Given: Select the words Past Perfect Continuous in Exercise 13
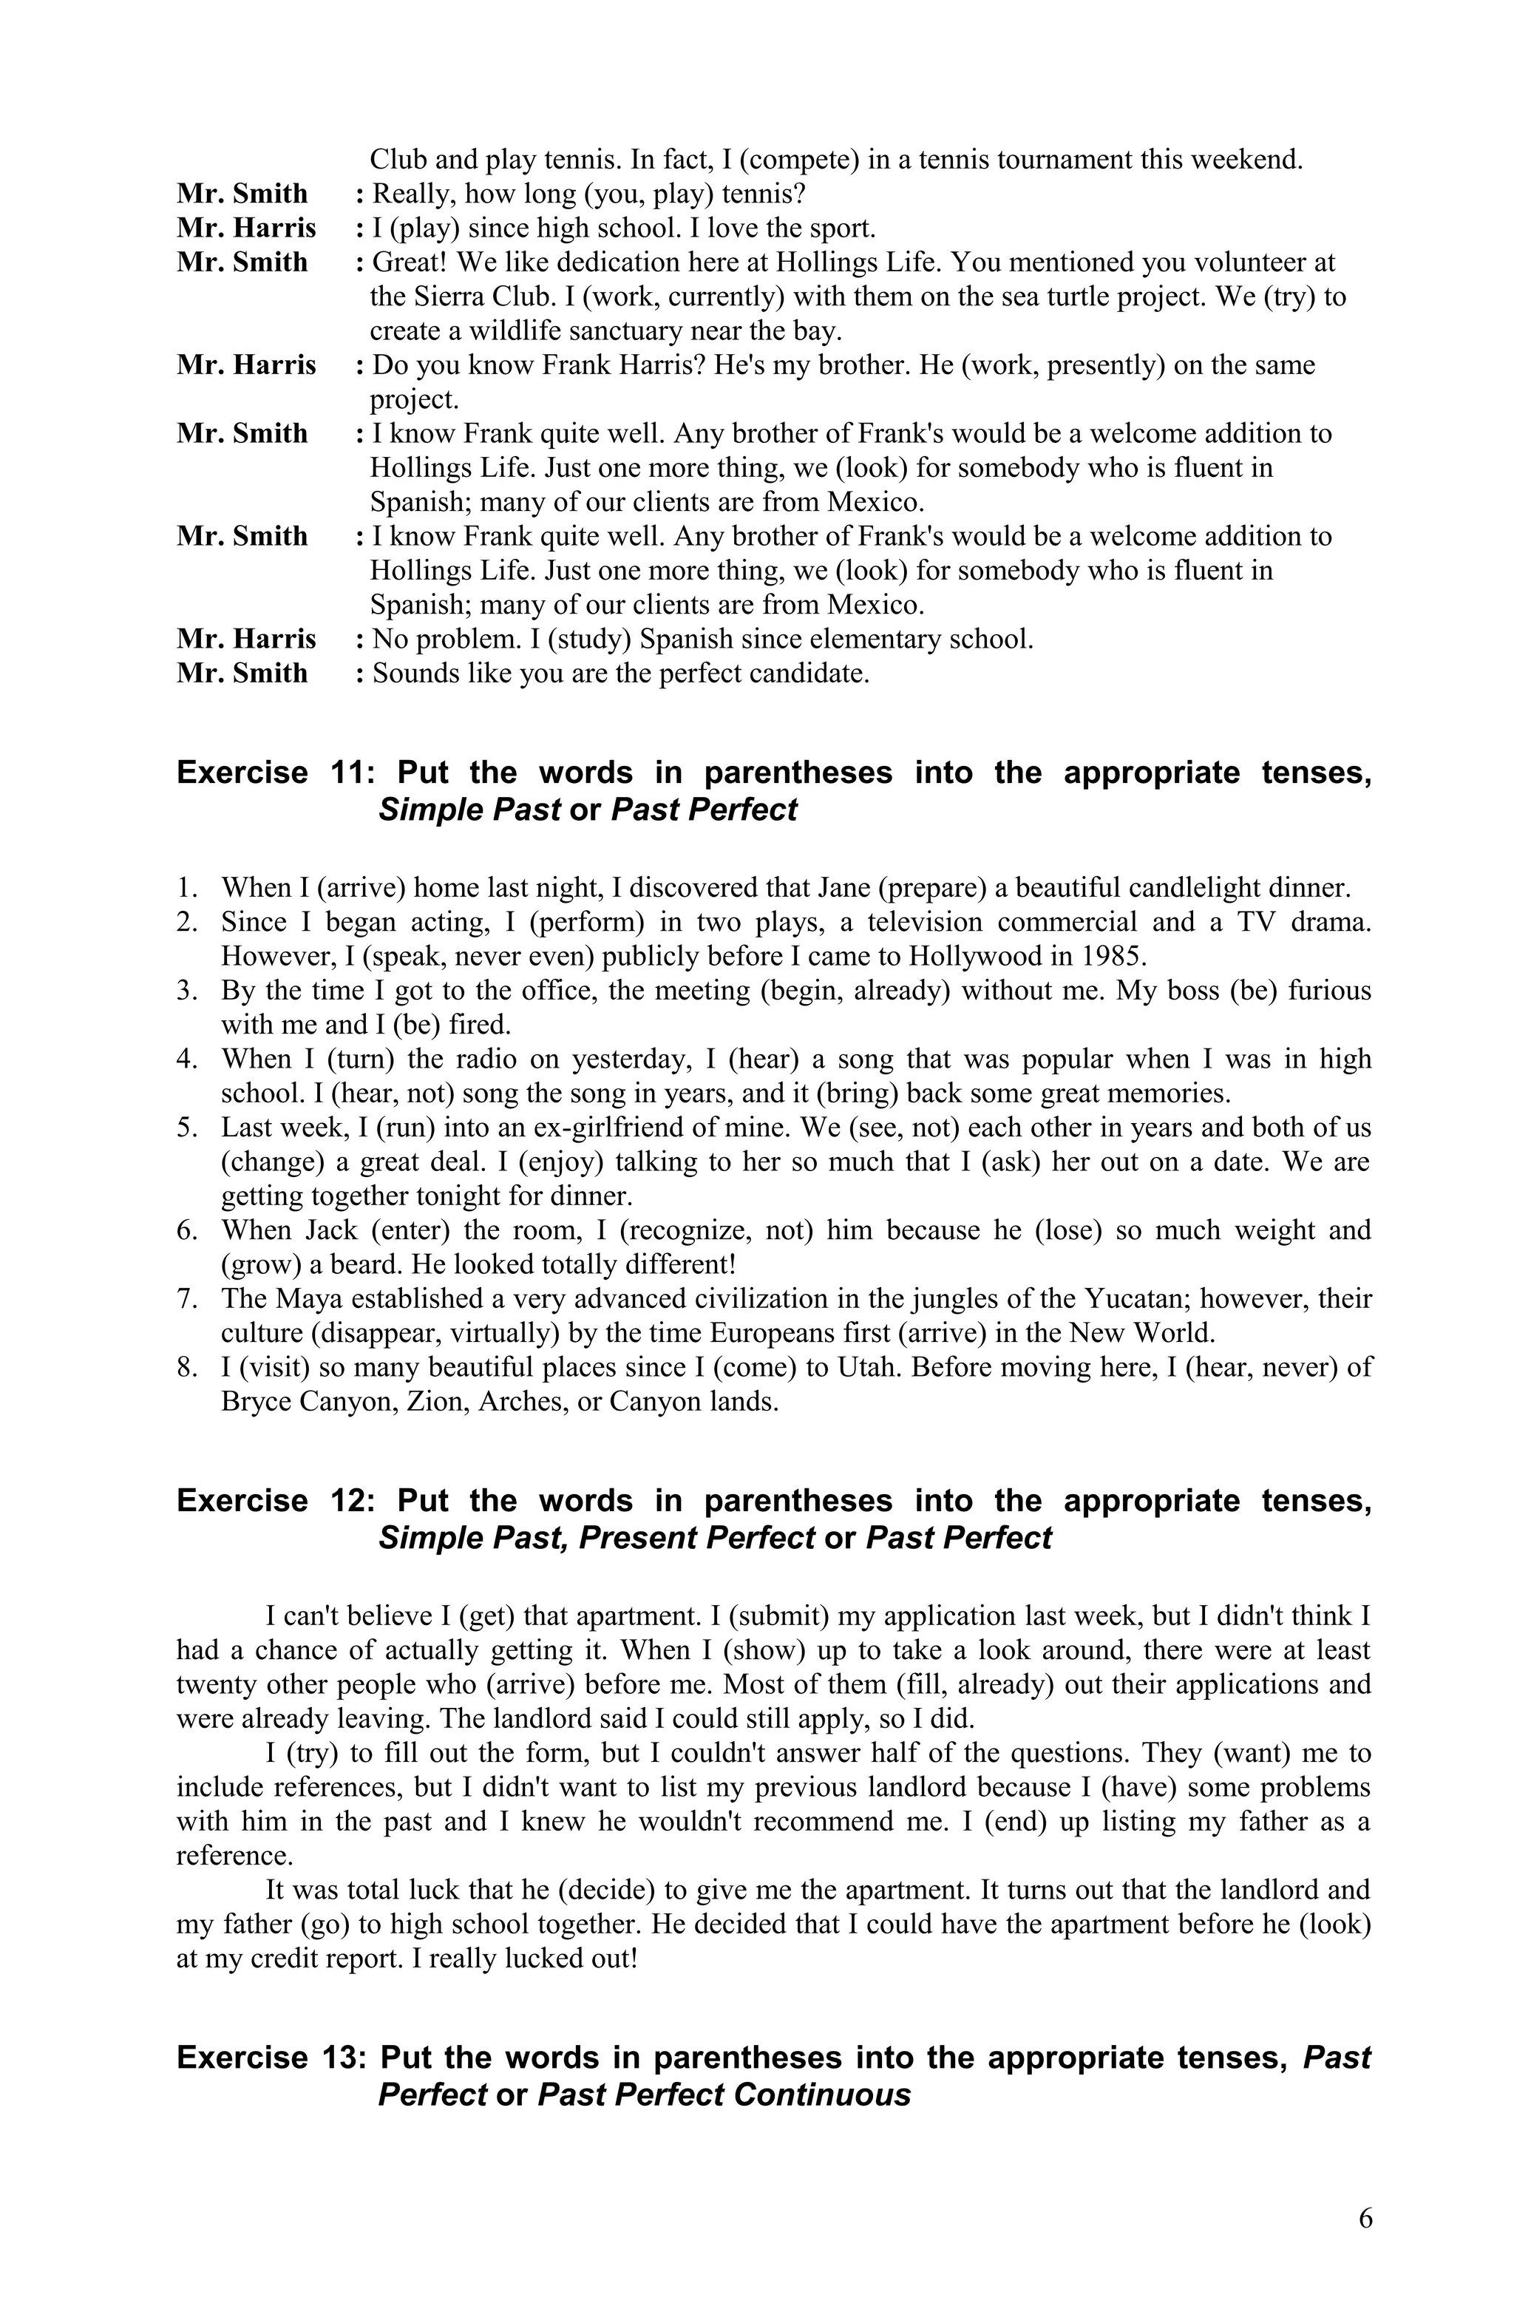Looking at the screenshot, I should (723, 2095).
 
